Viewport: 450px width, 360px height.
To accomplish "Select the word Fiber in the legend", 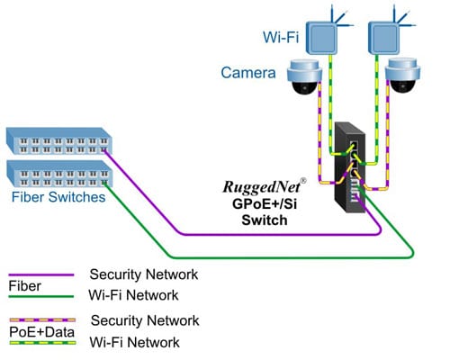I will pos(24,285).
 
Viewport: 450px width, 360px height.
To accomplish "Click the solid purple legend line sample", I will pos(40,274).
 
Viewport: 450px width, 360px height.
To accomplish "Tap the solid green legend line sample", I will pos(40,296).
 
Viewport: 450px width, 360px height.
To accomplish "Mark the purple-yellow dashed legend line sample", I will pos(40,320).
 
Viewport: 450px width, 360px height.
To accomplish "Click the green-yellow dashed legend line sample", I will pos(40,343).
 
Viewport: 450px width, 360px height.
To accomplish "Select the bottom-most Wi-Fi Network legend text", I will pos(134,342).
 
